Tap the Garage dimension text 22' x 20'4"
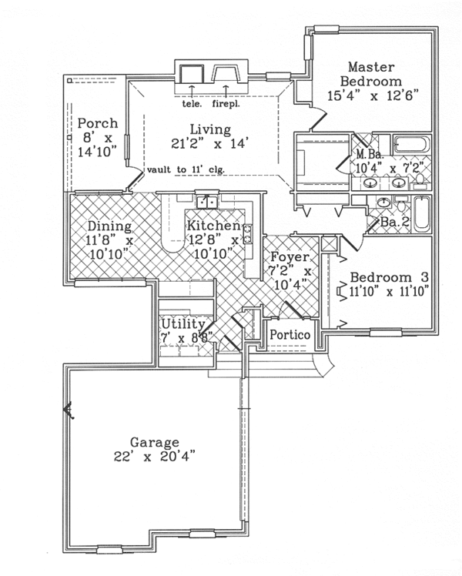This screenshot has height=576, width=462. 154,456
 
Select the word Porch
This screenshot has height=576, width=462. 97,123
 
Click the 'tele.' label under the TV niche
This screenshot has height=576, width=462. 191,102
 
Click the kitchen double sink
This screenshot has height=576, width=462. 206,202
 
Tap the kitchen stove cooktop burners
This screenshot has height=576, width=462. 248,233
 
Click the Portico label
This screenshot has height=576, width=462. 290,336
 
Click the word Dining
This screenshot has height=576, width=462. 109,226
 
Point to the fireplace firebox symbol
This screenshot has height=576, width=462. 224,74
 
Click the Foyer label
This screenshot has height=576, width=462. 290,256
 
